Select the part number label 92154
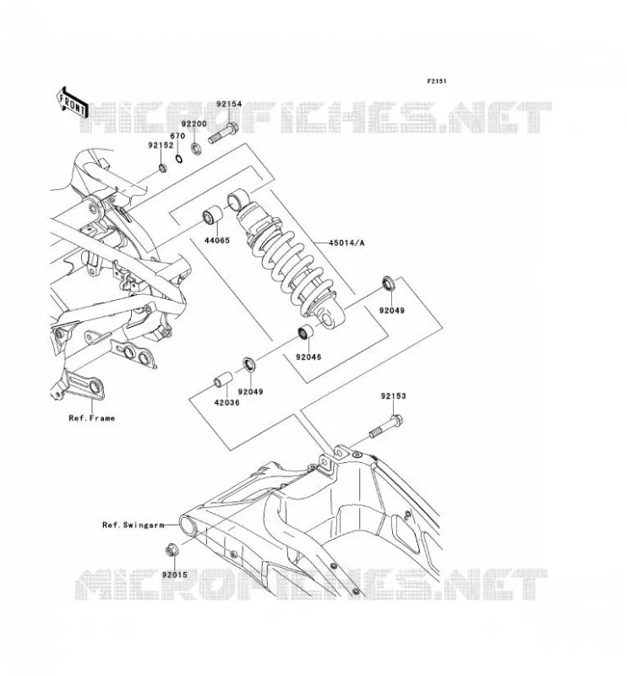[x=229, y=104]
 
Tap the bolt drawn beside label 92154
[x=223, y=133]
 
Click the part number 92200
[x=194, y=123]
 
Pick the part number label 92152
[x=161, y=145]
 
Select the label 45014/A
[x=346, y=243]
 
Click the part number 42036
[x=226, y=402]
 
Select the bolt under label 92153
[x=385, y=427]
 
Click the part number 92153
[x=393, y=395]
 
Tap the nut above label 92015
[x=171, y=551]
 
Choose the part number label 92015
[x=175, y=575]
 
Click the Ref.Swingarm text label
[x=134, y=525]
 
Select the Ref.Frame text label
[x=92, y=417]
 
